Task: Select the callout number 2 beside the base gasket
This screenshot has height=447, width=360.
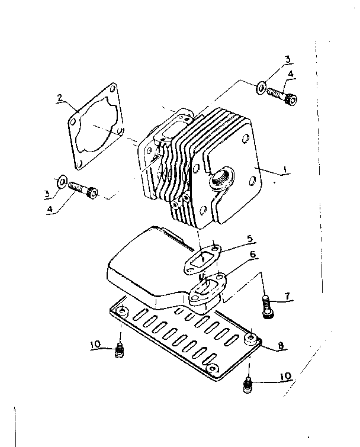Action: click(x=60, y=98)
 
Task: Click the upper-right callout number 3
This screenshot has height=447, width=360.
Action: click(x=287, y=59)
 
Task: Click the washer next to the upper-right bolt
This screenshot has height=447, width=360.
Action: click(x=261, y=89)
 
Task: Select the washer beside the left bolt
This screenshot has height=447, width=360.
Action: click(x=60, y=179)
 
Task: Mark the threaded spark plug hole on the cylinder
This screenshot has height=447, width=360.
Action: click(x=224, y=176)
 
